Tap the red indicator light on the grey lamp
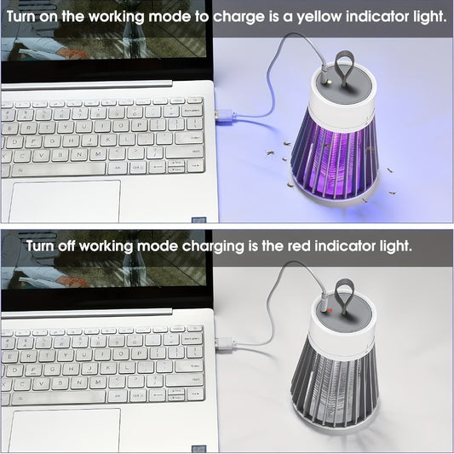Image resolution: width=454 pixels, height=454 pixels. click(326, 311)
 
